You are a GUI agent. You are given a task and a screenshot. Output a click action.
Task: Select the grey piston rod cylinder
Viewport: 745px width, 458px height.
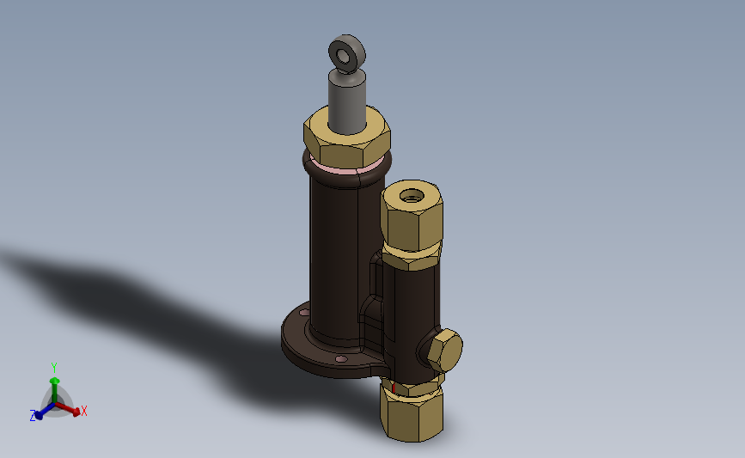[x=347, y=101]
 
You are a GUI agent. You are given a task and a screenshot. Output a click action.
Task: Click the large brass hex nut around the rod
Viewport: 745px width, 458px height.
[x=347, y=140]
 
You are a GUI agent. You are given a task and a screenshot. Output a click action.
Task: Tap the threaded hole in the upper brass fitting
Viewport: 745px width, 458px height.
[x=412, y=195]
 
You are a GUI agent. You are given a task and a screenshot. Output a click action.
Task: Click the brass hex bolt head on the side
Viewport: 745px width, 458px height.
[x=445, y=351]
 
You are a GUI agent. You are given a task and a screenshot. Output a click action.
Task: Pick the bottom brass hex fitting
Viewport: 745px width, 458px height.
[x=412, y=412]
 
